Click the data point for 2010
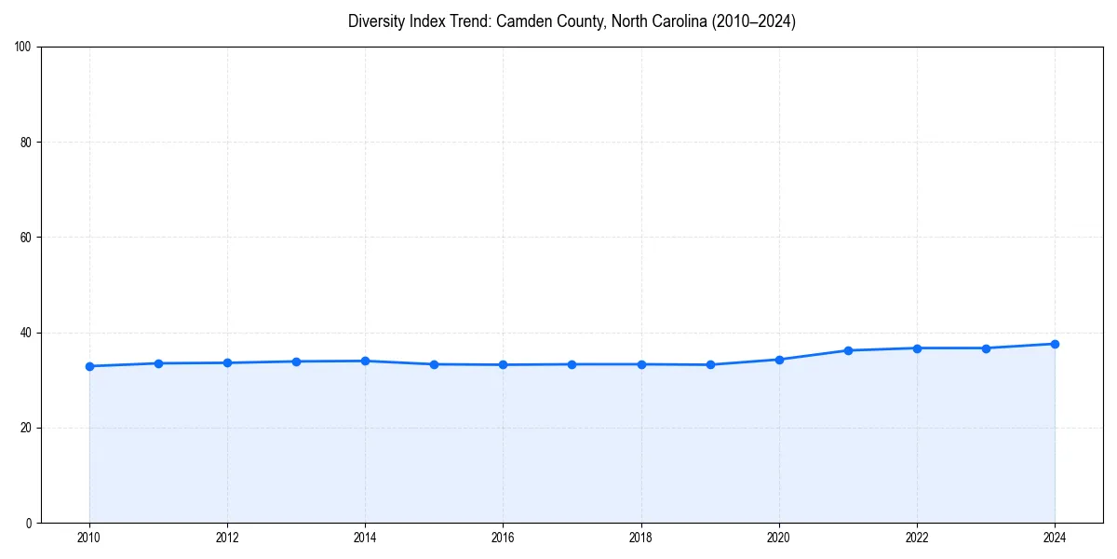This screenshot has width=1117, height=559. [x=89, y=366]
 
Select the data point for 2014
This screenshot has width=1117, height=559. [x=365, y=361]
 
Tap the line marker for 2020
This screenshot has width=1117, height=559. [x=779, y=360]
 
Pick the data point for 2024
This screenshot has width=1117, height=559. [x=1055, y=344]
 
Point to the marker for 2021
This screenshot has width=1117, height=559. [x=848, y=350]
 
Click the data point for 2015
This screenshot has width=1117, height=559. [x=434, y=364]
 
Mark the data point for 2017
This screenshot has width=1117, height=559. [x=572, y=364]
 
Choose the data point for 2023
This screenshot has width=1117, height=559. [x=986, y=348]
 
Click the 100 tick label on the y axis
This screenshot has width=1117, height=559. [x=23, y=48]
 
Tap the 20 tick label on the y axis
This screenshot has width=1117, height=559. [x=26, y=428]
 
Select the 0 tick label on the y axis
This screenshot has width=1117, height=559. [x=29, y=523]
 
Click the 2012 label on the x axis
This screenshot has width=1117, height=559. [x=227, y=538]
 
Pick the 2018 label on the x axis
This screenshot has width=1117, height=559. [x=640, y=538]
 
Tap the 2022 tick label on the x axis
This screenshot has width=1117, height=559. [x=917, y=538]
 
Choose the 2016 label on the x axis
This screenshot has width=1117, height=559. [x=503, y=538]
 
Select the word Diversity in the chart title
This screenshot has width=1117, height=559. [x=378, y=21]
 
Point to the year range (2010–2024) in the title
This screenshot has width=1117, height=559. [x=753, y=21]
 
